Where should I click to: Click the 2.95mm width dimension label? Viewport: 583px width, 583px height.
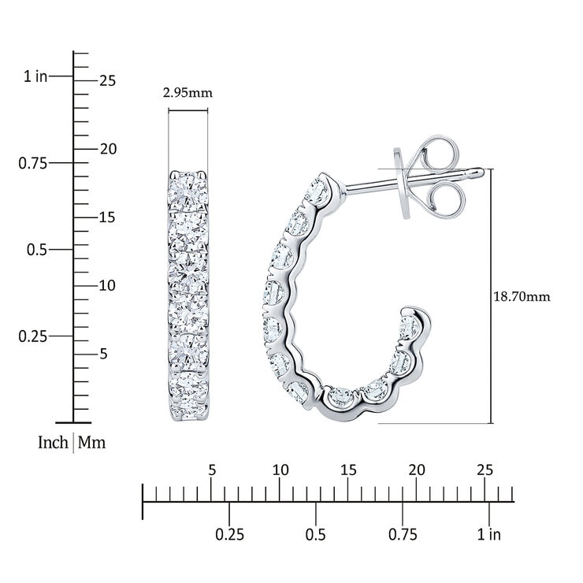[x=188, y=92]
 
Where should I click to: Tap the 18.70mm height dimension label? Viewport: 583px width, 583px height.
[x=522, y=296]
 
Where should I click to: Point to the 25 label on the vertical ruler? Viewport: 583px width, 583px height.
[x=107, y=80]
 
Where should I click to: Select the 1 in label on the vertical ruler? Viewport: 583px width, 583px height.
[x=35, y=76]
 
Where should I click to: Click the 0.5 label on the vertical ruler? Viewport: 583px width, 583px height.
[x=37, y=250]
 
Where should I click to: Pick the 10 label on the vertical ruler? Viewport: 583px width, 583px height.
[x=107, y=285]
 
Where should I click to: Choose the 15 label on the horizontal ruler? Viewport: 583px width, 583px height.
[x=348, y=470]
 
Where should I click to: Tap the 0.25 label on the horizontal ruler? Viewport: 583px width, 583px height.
[x=229, y=535]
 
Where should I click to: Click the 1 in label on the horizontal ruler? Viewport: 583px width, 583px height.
[x=489, y=535]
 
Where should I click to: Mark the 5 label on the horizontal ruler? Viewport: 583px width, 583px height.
[x=212, y=470]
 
